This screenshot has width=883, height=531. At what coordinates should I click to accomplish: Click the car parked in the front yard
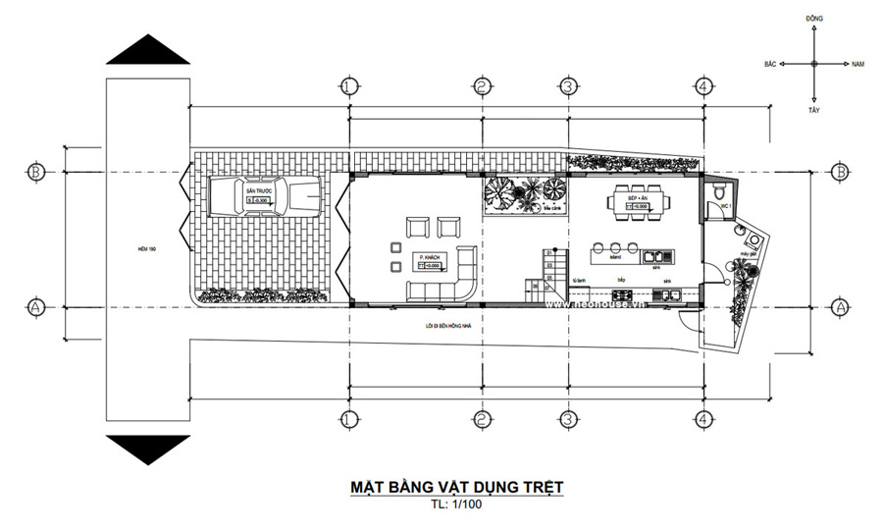264,197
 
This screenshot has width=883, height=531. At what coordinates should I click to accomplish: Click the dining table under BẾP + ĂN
639,203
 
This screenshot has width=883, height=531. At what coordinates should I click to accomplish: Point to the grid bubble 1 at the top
347,86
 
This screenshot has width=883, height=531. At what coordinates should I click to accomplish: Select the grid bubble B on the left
36,171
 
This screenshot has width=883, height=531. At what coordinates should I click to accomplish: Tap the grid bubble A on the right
839,307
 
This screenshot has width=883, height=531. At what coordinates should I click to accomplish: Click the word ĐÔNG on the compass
813,20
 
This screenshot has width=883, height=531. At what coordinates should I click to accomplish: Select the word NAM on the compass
858,64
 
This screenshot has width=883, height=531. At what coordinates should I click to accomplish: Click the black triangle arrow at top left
147,51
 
